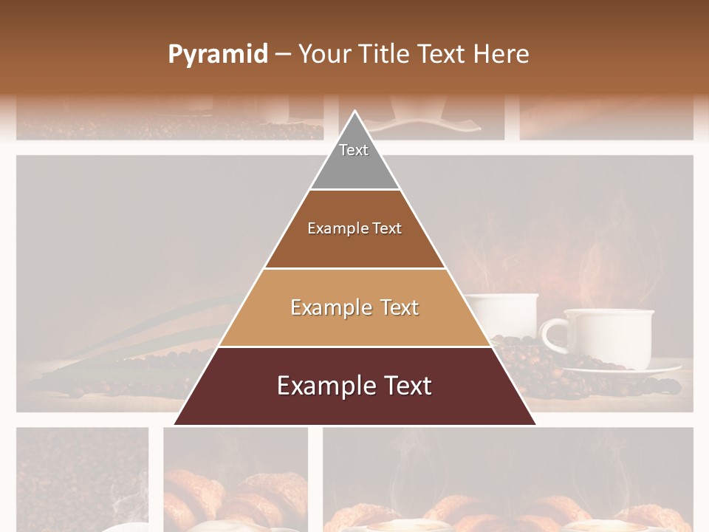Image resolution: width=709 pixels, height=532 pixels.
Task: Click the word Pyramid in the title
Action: (217, 55)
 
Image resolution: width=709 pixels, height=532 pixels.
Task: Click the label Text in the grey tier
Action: (354, 150)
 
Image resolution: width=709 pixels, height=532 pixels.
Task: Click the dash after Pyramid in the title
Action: (283, 55)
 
